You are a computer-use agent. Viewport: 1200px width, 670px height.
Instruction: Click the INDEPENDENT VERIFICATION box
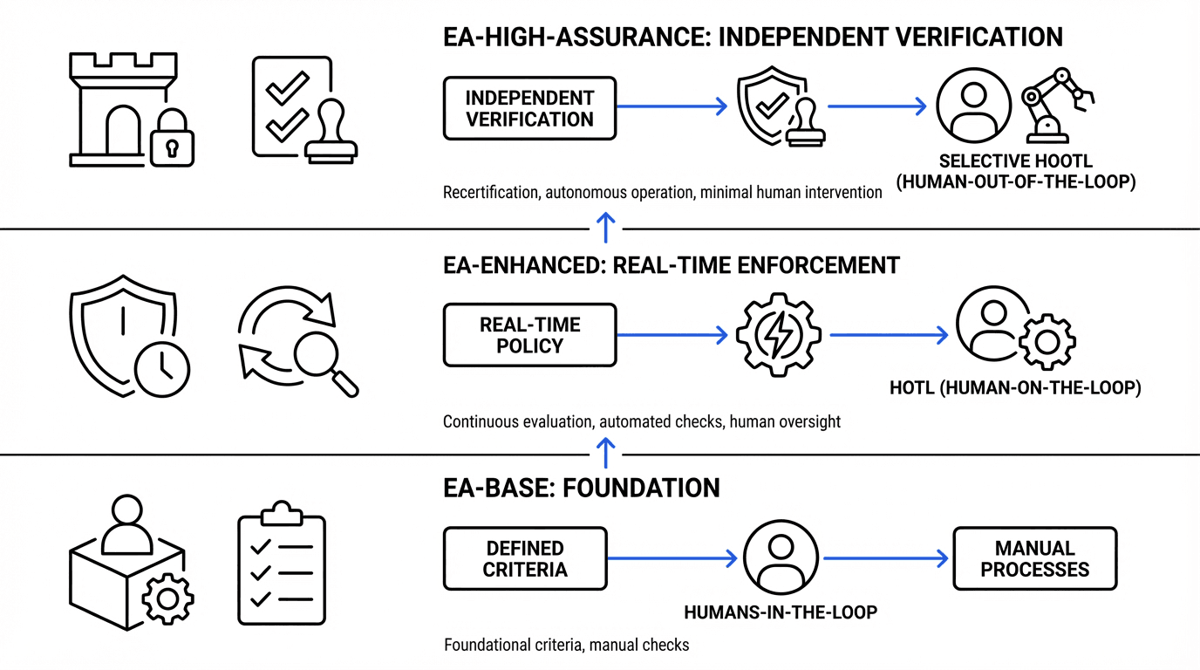(x=529, y=108)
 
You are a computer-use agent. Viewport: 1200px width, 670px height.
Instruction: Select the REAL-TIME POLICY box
(x=529, y=335)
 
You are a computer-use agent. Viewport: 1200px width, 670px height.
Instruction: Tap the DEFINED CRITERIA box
(x=525, y=559)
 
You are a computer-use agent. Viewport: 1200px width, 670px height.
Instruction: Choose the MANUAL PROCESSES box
(x=1034, y=559)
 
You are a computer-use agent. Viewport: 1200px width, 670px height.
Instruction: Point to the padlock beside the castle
(x=172, y=138)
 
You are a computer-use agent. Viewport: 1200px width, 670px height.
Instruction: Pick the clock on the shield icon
(x=162, y=368)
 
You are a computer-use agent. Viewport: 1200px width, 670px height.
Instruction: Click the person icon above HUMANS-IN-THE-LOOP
(x=781, y=558)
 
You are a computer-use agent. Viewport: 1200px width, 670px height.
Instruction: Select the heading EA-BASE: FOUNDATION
(x=582, y=487)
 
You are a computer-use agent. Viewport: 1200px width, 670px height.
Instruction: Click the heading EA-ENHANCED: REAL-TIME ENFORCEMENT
(x=672, y=264)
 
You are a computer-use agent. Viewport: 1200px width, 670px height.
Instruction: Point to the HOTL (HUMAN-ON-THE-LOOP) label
(x=1015, y=388)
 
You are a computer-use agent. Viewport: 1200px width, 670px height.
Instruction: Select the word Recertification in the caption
(x=491, y=193)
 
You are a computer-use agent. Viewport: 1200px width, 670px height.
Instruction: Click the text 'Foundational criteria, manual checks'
(x=566, y=646)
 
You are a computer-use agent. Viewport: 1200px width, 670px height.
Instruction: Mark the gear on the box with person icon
(x=167, y=598)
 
